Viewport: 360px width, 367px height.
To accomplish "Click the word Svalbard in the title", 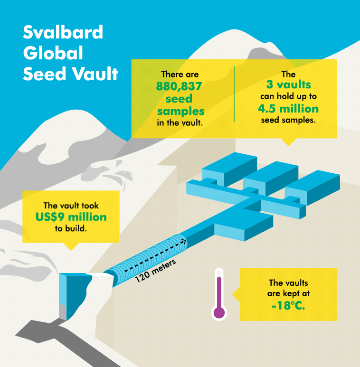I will click(63, 32).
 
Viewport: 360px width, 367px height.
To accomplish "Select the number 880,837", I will click(180, 87).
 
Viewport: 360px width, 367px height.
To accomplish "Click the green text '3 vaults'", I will click(288, 85).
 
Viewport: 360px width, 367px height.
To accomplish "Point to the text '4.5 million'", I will click(288, 108).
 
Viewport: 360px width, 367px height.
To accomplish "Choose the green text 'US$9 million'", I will click(71, 217).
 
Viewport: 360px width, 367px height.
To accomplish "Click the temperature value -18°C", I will click(288, 306).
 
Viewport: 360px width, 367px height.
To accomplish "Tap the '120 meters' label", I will click(155, 271).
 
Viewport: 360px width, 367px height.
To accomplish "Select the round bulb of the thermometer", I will click(219, 312).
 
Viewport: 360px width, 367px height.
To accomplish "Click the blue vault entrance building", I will click(71, 294).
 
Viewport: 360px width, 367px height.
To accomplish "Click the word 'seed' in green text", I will click(180, 99).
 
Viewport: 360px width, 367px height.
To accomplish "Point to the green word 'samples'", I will click(180, 111).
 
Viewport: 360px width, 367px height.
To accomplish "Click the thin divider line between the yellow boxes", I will click(234, 94).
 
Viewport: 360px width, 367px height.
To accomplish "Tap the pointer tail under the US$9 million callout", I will click(70, 246).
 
